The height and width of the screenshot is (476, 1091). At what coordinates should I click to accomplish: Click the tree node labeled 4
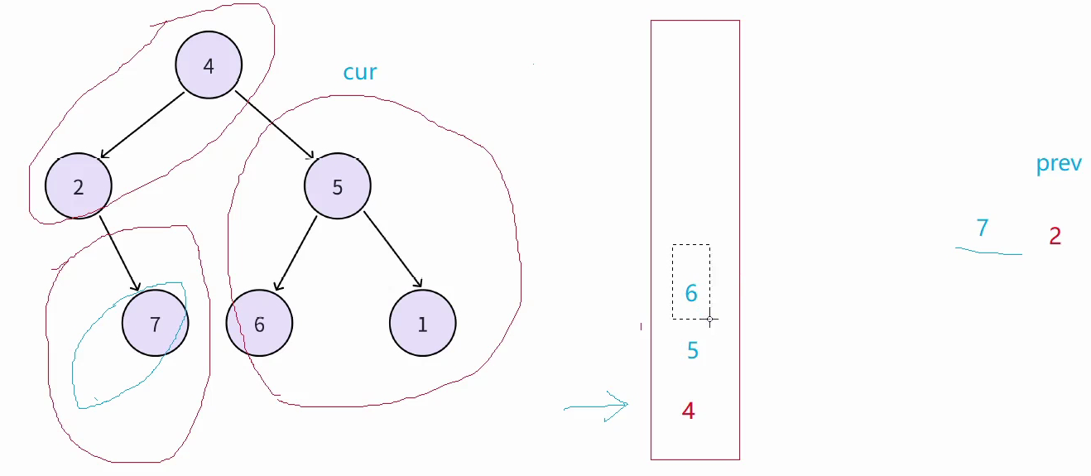(x=209, y=66)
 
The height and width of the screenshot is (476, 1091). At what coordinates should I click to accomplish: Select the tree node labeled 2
(x=79, y=186)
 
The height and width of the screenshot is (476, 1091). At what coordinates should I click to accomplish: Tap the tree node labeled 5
(x=337, y=186)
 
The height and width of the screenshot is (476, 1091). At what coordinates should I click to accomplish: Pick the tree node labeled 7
(x=155, y=323)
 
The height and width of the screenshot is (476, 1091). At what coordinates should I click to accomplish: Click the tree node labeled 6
(x=259, y=323)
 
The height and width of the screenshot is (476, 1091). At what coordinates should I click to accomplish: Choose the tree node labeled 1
(x=422, y=323)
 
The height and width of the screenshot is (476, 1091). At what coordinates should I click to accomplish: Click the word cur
(x=360, y=73)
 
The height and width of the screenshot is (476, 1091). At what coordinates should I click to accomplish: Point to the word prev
(x=1059, y=163)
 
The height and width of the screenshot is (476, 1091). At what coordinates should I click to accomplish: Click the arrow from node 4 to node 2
(x=142, y=125)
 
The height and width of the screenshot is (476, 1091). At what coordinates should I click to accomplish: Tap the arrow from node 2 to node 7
(x=118, y=253)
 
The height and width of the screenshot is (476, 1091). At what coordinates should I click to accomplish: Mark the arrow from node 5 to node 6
(x=296, y=253)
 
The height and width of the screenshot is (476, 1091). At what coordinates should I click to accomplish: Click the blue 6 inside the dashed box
(x=691, y=293)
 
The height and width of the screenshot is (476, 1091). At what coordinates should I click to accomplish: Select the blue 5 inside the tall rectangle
(x=693, y=351)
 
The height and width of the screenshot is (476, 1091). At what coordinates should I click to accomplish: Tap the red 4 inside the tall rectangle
(x=688, y=411)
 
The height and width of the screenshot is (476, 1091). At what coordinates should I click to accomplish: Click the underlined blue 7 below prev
(x=983, y=228)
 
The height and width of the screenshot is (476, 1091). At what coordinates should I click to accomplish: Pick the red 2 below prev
(x=1055, y=237)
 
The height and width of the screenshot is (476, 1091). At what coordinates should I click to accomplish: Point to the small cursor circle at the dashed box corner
(x=709, y=319)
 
